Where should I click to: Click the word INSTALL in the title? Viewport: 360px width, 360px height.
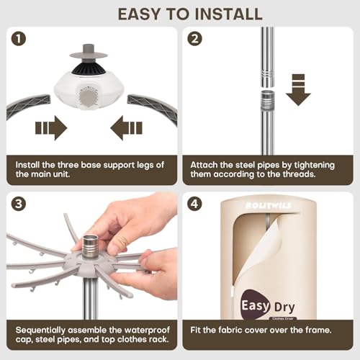pos(219,13)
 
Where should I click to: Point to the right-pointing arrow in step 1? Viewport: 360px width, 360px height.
pos(50,129)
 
